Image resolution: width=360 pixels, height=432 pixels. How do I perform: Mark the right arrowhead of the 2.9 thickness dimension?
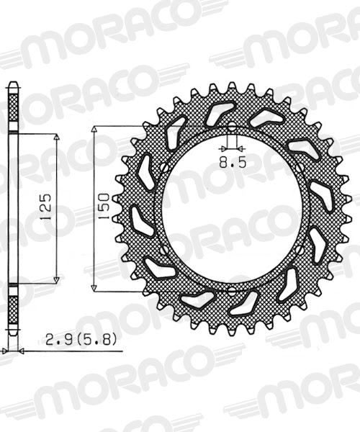pos(20,351)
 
